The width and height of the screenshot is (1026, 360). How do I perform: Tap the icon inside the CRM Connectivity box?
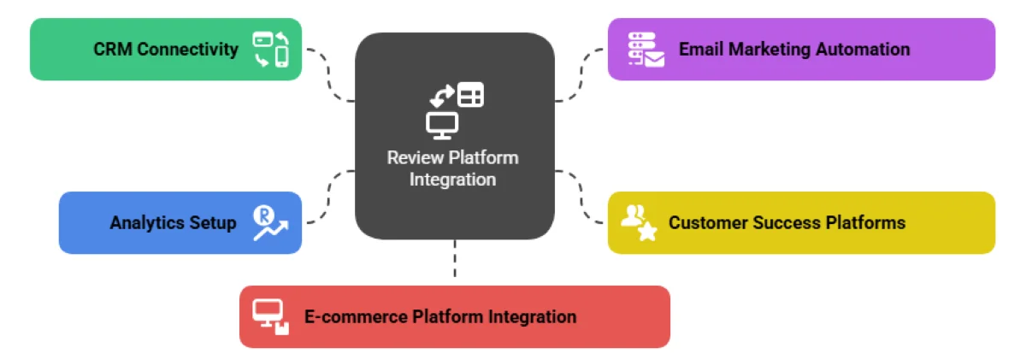point(270,50)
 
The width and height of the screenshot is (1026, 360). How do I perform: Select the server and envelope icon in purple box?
point(646,50)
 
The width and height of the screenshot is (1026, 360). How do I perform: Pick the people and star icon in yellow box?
point(639,222)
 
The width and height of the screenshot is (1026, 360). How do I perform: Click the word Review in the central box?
point(415,158)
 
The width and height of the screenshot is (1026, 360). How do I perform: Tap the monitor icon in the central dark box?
point(442,126)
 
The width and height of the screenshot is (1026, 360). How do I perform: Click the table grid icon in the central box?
point(470,94)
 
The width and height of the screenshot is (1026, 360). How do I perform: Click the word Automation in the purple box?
point(862,50)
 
